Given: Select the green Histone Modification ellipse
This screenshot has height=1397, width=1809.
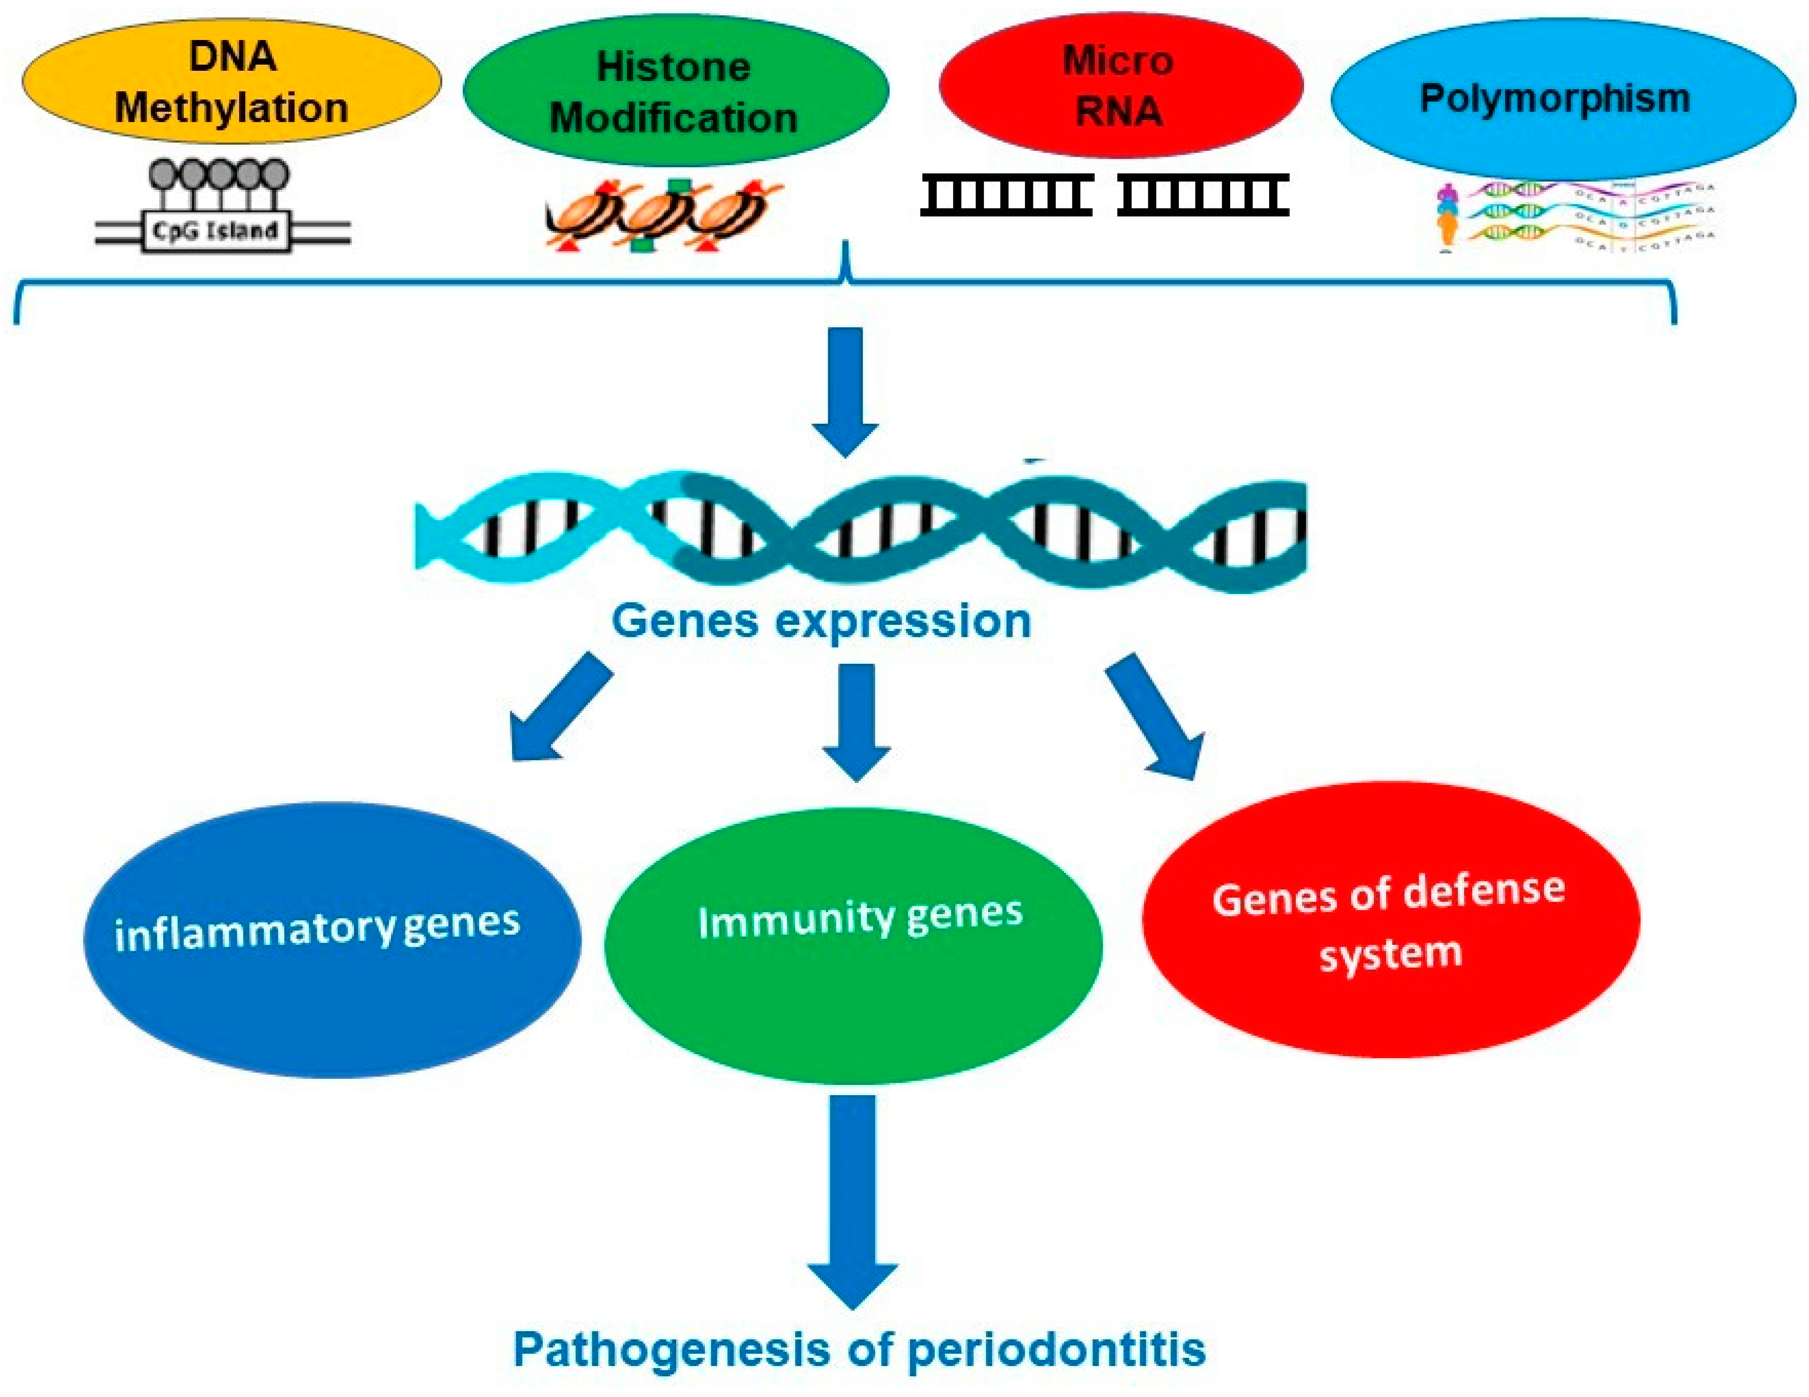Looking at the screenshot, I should point(675,91).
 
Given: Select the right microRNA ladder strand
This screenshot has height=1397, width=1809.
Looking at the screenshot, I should point(1203,195).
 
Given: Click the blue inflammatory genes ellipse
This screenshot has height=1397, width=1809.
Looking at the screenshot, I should point(331,940).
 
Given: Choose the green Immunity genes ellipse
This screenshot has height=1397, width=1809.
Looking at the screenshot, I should point(853,944).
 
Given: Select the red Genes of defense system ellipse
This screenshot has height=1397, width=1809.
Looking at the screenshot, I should point(1392,919).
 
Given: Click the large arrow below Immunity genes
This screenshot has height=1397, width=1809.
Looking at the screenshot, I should point(853,1201).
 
